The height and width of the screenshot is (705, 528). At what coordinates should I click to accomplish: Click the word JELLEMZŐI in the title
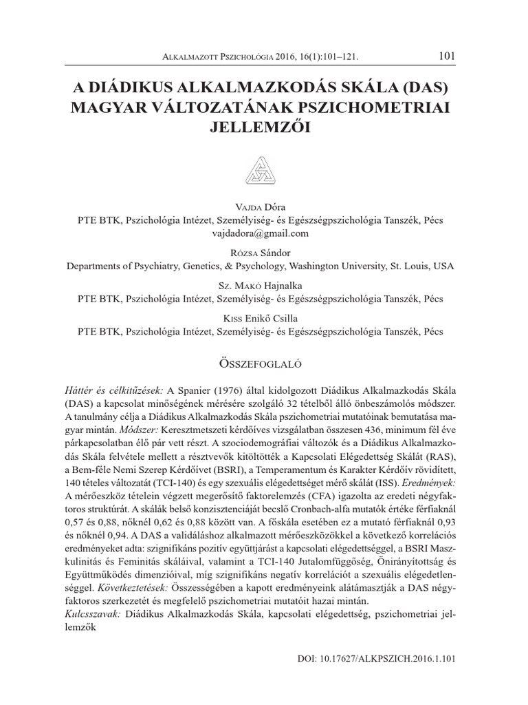[265, 128]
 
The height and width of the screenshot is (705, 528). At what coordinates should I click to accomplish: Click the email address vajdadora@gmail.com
[264, 233]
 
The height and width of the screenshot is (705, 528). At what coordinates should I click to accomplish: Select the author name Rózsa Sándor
[264, 252]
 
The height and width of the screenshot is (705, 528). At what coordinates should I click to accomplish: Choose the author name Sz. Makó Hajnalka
[264, 285]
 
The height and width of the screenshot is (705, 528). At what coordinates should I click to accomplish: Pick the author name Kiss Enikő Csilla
[264, 318]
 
